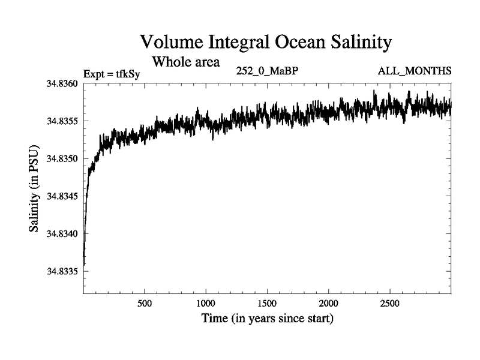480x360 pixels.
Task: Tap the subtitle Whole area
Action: tap(186, 61)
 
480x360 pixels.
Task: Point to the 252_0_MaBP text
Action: tap(268, 71)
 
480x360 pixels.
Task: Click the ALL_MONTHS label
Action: tap(415, 71)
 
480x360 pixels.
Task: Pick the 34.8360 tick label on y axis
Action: tap(62, 83)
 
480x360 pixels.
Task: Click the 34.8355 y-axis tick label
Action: tap(62, 121)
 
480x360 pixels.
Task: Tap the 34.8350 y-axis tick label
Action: tap(62, 158)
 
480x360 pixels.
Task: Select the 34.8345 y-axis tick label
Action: tap(62, 196)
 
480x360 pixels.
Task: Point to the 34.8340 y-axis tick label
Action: tap(62, 233)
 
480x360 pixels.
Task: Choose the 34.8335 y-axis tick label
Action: tap(62, 271)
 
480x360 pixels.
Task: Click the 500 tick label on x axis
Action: tap(145, 304)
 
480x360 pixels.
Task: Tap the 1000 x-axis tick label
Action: tap(206, 304)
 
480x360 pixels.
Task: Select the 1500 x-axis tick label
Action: tap(267, 304)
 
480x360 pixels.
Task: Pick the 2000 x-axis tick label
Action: tap(329, 304)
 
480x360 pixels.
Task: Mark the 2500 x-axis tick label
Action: tap(390, 304)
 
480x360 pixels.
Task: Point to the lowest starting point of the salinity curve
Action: tap(84, 264)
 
